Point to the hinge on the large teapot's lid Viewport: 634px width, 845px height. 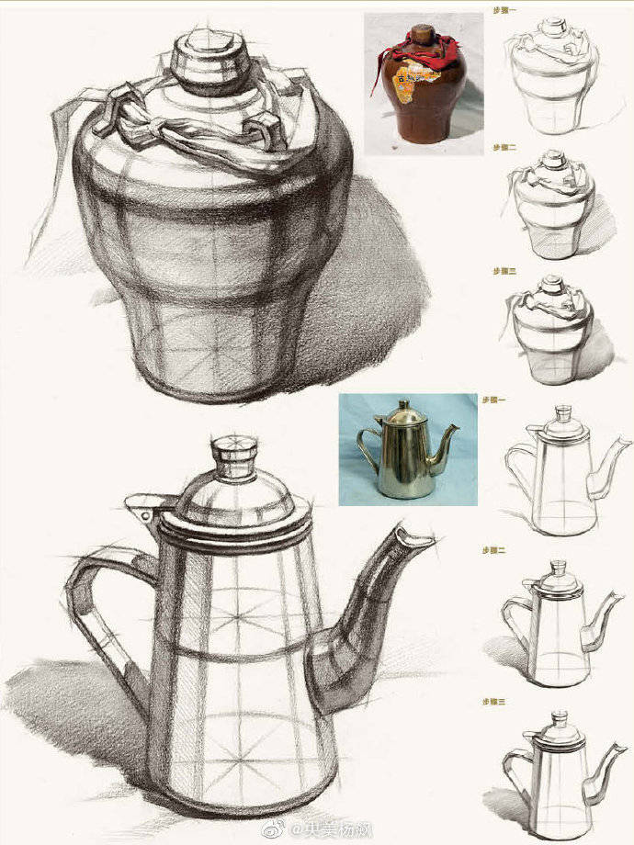146,505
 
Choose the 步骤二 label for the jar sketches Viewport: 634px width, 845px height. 504,147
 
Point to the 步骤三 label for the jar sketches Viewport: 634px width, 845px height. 504,271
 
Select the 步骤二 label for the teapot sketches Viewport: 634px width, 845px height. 493,549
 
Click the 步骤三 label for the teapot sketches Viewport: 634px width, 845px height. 493,701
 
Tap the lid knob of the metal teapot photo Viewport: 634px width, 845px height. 402,405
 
